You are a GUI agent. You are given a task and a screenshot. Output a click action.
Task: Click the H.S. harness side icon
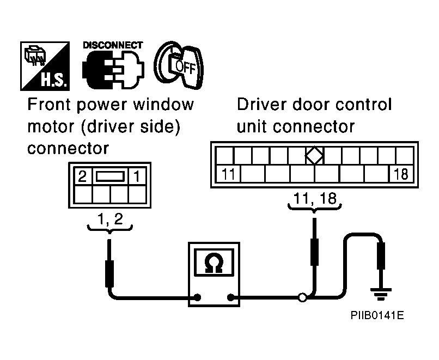point(45,66)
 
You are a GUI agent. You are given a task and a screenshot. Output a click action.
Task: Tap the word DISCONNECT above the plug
point(113,45)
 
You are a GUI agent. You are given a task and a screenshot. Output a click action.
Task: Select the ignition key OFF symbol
point(179,65)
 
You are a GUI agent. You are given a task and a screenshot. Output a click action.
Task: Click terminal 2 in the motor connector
point(82,176)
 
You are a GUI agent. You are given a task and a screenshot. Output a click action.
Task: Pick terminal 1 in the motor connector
point(137,176)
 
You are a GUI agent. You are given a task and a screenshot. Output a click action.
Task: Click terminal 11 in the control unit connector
point(228,174)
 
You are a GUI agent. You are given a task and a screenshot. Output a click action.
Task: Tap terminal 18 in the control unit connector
point(401,174)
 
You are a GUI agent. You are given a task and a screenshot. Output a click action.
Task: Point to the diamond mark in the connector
point(314,155)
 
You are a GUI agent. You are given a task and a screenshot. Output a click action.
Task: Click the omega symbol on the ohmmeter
point(214,263)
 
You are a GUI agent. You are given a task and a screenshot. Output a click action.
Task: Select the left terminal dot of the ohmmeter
point(197,297)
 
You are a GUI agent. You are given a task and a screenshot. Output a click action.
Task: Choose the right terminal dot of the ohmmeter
point(231,297)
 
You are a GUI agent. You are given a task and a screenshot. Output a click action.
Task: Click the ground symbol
point(381,294)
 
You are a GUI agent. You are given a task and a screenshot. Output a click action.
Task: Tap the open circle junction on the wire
point(302,297)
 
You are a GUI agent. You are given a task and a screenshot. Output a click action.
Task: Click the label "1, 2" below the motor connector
point(110,218)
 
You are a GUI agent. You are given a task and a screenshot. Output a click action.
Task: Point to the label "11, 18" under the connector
point(315,198)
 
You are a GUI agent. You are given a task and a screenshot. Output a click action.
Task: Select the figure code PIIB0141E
point(377,315)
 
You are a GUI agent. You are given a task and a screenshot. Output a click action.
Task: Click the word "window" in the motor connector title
point(163,104)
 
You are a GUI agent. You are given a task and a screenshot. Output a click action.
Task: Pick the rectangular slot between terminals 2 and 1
point(110,176)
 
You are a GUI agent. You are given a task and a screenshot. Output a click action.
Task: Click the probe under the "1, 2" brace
point(109,263)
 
